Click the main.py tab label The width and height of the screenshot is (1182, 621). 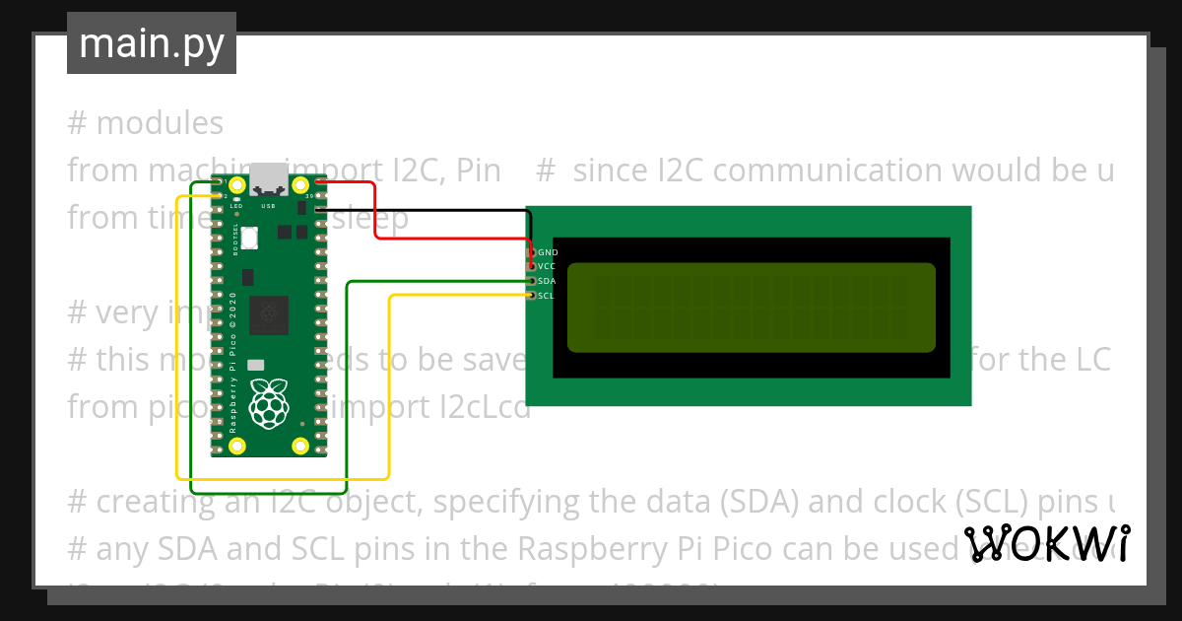coord(151,44)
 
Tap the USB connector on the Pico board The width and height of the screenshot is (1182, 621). coord(268,181)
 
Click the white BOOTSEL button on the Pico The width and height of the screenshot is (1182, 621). coord(250,237)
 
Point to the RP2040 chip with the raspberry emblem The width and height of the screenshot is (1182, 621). coord(268,314)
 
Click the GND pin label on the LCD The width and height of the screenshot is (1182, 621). coord(548,253)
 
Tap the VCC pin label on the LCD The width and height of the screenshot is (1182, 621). coord(548,267)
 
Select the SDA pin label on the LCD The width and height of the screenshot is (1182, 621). coord(548,281)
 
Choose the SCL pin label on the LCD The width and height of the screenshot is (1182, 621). coord(547,296)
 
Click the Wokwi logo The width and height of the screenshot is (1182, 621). coord(1047,543)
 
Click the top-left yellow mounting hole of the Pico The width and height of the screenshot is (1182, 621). coord(236,185)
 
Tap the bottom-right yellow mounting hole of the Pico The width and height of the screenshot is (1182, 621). coord(300,446)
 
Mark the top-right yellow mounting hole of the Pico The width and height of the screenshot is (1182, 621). coord(300,185)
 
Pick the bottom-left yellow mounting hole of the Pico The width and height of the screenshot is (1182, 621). coord(236,446)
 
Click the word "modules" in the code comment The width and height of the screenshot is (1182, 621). coord(160,123)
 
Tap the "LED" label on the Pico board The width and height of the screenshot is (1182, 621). coord(236,206)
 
